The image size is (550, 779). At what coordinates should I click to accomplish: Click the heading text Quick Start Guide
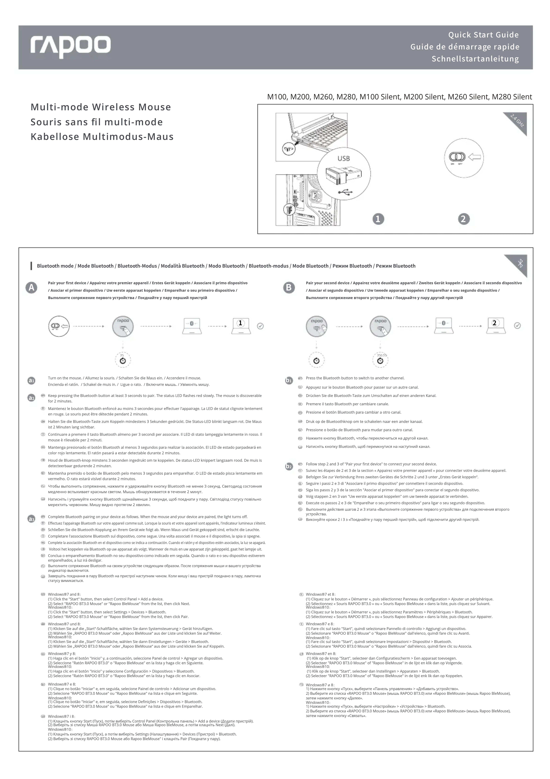coord(483,35)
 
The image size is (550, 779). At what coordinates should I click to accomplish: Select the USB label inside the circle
coord(343,158)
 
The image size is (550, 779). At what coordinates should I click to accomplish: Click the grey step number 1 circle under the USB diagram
coord(378,219)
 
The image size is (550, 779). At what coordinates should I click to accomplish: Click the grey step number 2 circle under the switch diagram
coord(464,219)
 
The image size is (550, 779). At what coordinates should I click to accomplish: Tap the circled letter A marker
coord(32,288)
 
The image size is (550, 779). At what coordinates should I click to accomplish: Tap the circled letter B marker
coord(289,288)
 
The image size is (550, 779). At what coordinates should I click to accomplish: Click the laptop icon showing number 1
coord(240,326)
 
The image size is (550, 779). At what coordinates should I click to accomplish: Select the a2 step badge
coord(31,398)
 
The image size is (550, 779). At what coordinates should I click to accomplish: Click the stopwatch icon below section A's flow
coord(123,360)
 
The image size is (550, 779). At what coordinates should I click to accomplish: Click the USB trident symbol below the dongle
coord(345,192)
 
